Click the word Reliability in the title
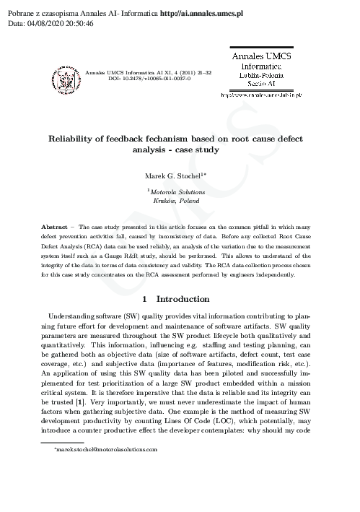click(x=75, y=138)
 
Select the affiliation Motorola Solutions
click(x=179, y=193)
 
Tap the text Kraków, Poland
click(x=179, y=202)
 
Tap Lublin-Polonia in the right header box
click(x=260, y=74)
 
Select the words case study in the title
click(x=199, y=150)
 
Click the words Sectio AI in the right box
click(x=260, y=84)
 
